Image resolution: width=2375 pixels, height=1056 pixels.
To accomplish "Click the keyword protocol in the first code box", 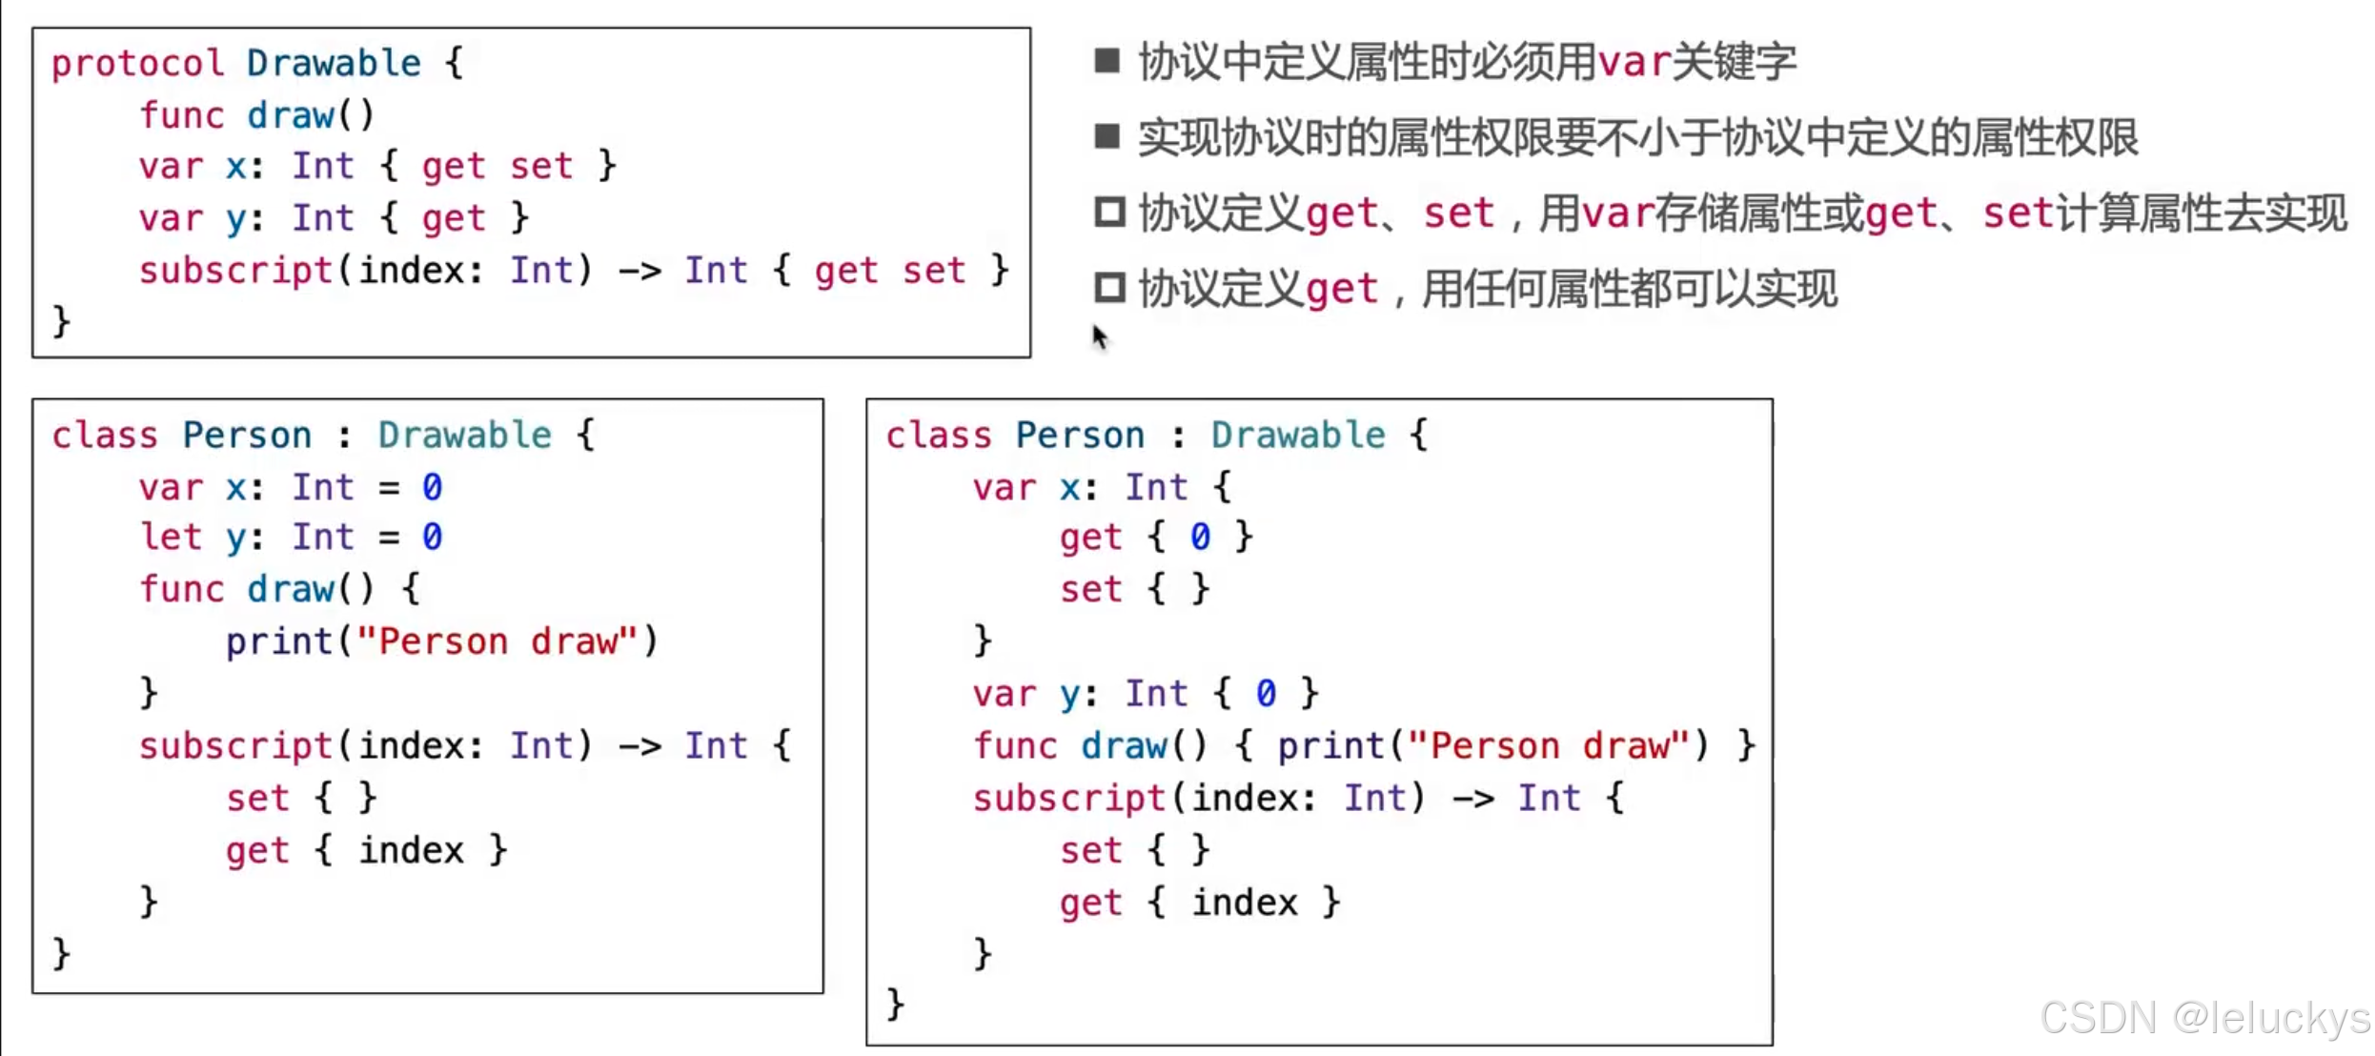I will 137,64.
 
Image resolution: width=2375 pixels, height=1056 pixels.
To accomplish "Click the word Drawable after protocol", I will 334,64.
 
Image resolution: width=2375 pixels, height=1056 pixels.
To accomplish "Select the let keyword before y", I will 171,538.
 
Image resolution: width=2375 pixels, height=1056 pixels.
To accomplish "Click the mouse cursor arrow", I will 1100,335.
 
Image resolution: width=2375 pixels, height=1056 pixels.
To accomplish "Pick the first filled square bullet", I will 1106,61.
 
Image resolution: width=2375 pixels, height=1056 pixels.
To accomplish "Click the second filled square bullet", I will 1106,136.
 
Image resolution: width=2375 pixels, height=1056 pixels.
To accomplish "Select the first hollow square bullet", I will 1109,212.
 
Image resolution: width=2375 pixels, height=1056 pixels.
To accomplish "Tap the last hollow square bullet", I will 1109,287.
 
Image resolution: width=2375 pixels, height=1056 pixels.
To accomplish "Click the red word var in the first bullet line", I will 1634,63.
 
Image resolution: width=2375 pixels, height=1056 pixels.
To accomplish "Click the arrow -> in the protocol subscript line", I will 639,272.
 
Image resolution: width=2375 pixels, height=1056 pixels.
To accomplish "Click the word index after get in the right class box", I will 1245,903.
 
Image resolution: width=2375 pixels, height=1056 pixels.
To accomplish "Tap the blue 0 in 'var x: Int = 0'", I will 432,488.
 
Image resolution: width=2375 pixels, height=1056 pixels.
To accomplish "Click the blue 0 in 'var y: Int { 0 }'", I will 1265,694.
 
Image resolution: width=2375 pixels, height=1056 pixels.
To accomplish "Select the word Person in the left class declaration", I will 247,436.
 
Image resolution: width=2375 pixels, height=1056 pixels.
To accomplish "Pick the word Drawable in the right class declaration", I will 1298,436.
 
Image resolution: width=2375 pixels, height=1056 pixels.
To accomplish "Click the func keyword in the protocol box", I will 181,115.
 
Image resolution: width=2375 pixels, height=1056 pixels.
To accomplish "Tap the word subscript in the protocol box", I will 235,272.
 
